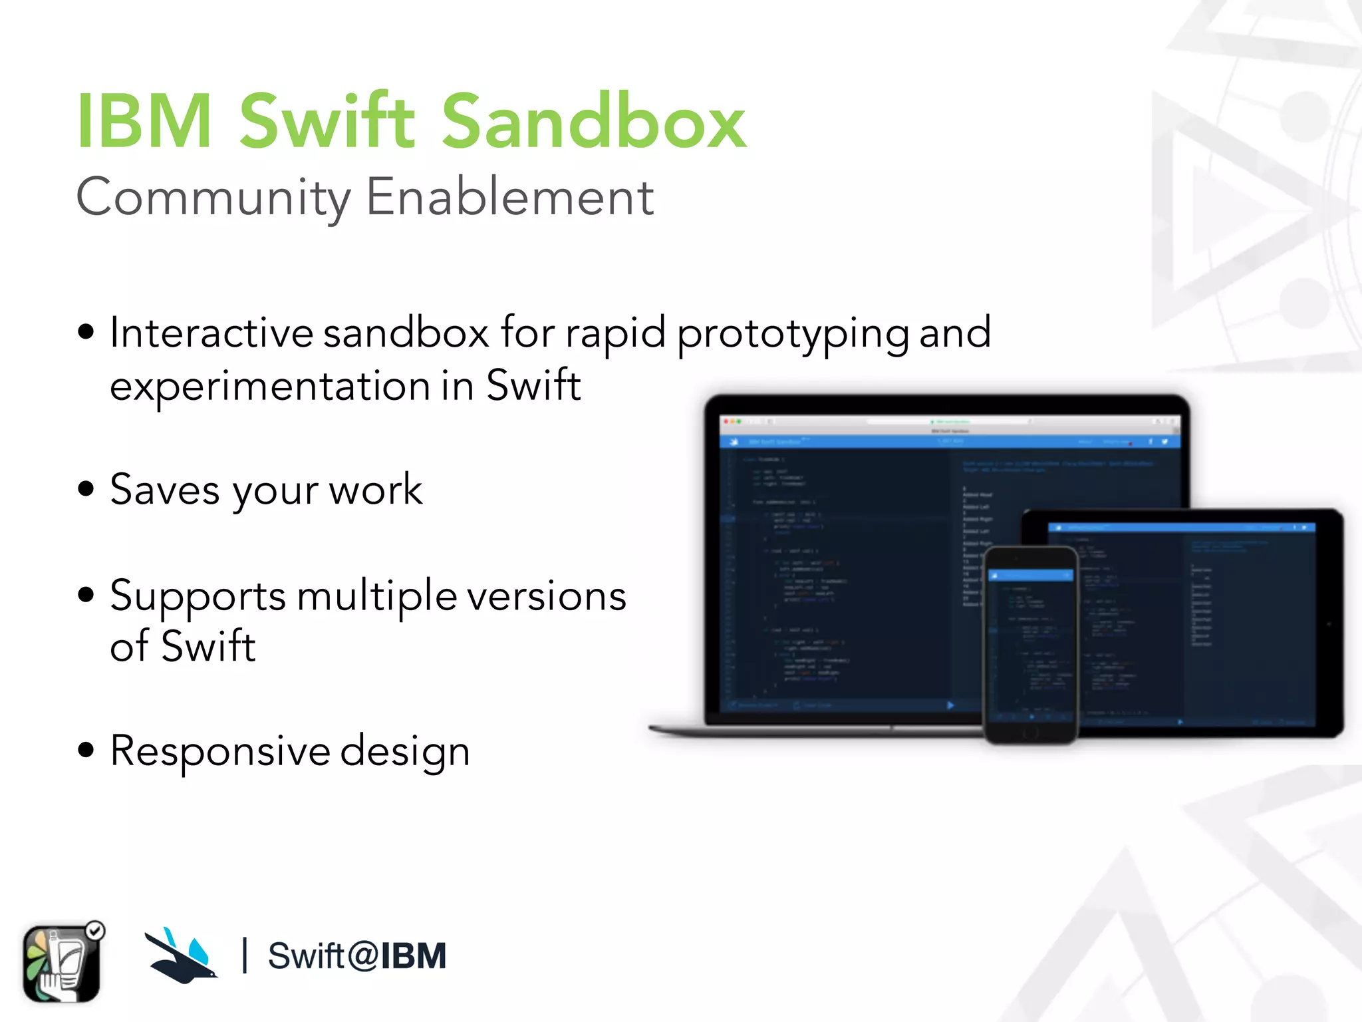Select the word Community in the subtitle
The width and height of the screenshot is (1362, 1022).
tap(213, 198)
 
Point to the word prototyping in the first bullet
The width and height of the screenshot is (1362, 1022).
tap(793, 334)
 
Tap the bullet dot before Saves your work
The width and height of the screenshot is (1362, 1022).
tap(86, 488)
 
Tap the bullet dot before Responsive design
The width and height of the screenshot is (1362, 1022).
tap(86, 750)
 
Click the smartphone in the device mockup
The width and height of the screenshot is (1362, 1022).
tap(1030, 645)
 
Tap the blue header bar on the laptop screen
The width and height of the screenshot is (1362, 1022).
tap(949, 442)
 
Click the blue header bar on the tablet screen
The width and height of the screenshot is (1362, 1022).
tap(1181, 528)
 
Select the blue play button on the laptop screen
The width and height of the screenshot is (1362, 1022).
tap(950, 705)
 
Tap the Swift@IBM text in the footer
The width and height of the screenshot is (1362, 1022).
tap(357, 956)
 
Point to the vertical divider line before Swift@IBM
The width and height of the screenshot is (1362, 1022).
tap(245, 955)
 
